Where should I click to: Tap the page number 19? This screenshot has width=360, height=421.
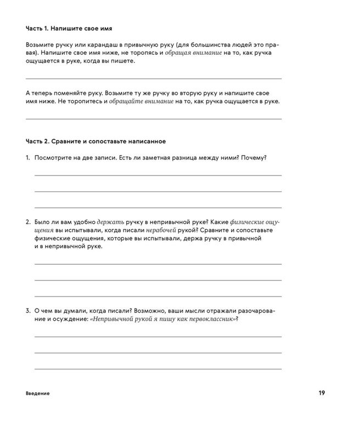(x=322, y=393)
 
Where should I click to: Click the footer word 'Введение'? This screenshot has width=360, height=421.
(x=37, y=394)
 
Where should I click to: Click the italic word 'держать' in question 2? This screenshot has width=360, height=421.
(x=114, y=221)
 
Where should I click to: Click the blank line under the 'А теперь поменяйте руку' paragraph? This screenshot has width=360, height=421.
(x=154, y=118)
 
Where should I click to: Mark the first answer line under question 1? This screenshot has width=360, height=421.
(x=158, y=175)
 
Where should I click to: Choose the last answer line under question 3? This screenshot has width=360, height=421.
(x=158, y=369)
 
